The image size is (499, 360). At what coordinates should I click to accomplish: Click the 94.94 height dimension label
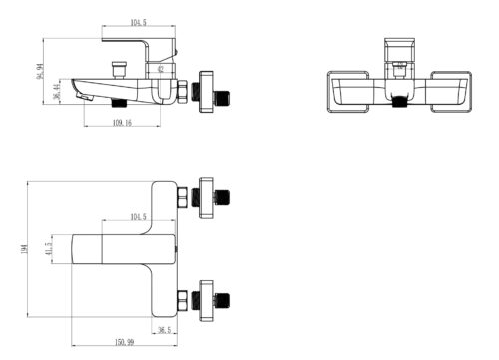(40, 71)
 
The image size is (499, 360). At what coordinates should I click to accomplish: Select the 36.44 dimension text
(57, 92)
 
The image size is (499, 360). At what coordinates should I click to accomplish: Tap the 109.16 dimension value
(122, 123)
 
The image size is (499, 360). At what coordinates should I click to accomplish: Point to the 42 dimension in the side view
(161, 69)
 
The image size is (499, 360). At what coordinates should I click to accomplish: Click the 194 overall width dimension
(24, 249)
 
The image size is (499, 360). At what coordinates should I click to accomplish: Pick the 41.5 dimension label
(49, 249)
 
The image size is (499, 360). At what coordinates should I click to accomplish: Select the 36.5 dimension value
(164, 330)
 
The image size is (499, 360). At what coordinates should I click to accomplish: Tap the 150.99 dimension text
(124, 342)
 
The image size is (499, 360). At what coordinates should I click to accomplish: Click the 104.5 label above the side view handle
(138, 23)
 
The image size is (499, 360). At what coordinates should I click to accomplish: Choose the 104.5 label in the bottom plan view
(138, 217)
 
